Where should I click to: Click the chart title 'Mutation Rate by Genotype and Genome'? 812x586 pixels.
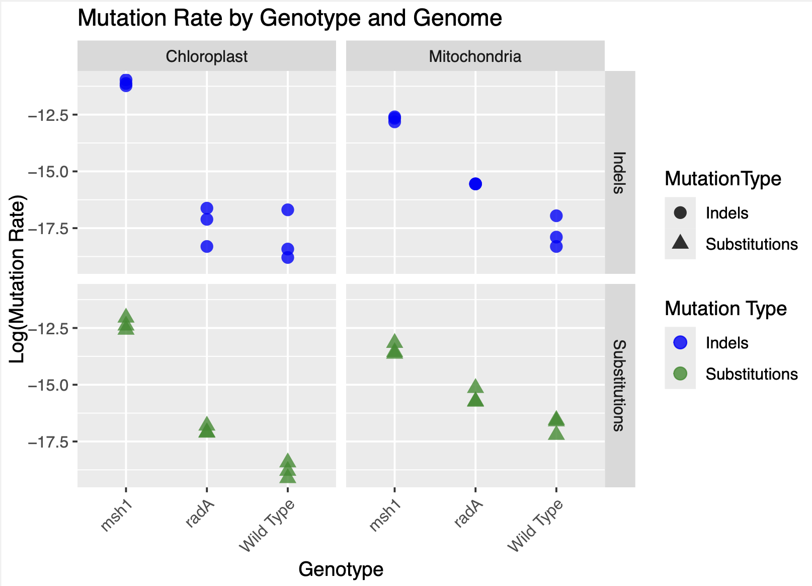[290, 19]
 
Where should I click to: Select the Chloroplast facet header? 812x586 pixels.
[206, 56]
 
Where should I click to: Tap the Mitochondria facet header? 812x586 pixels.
[475, 56]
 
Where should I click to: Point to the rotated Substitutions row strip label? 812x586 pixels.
[619, 386]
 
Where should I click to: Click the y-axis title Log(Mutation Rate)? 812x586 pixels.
[18, 279]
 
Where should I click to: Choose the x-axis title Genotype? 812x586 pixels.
[341, 569]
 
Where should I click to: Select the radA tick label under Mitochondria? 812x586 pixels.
[468, 514]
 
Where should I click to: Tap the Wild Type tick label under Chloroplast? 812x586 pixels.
[267, 526]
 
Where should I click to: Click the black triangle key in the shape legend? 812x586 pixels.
[680, 243]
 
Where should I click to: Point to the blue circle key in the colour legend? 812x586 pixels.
[680, 343]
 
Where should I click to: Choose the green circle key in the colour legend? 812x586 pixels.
[680, 374]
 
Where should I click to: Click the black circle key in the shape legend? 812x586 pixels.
[680, 212]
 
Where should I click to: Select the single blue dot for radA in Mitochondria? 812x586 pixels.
[475, 184]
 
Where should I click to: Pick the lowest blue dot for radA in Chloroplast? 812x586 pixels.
[207, 246]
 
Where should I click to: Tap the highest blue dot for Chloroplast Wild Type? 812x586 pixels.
[288, 210]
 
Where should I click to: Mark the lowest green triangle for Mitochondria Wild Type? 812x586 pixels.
[556, 433]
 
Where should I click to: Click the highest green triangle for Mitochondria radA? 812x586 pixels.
[475, 387]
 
